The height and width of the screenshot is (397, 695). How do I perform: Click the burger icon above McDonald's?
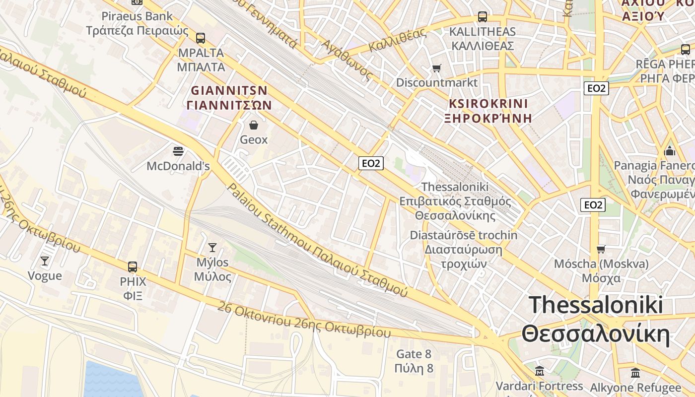coord(178,151)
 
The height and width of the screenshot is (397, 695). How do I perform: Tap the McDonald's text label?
coord(178,166)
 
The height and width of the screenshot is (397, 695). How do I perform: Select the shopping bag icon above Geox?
coord(254,125)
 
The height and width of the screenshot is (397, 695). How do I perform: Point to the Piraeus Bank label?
coord(137,16)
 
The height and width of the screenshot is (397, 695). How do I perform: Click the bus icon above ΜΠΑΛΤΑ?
coord(201,38)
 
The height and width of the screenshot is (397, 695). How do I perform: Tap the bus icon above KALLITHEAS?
coord(482,17)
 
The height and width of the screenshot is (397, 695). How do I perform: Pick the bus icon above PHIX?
coord(133,267)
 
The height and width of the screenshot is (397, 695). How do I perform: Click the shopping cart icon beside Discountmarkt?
coord(436,68)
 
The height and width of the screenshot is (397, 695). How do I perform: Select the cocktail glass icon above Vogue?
coord(45,261)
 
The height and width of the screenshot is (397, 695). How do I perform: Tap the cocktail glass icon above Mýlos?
coord(212,247)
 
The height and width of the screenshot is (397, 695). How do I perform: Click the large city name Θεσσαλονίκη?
coord(596,334)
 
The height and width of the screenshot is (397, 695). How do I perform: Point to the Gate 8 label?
coord(414,354)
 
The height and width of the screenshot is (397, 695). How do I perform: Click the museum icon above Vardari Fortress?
coord(540,371)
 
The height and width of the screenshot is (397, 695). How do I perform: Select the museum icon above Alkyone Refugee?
coord(635,373)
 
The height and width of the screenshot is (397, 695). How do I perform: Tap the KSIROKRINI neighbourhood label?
coord(488,104)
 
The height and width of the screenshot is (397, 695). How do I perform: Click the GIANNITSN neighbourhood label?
coord(229,91)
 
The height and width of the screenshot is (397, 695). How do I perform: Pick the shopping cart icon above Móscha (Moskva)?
coord(601,249)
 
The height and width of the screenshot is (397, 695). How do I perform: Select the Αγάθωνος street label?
coord(347,60)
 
